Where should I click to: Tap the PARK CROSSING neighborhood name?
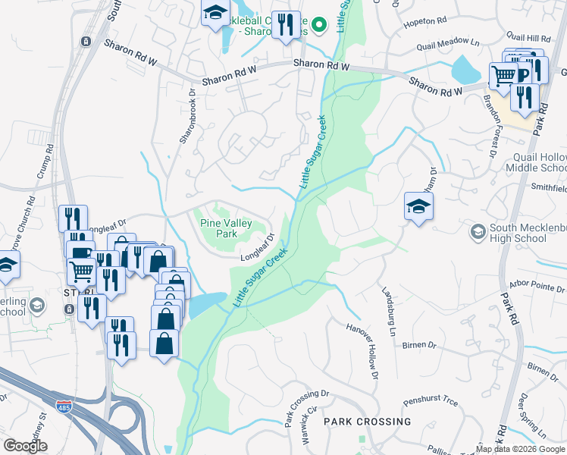pyautogui.click(x=368, y=421)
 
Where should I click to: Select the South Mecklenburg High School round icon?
pyautogui.click(x=478, y=231)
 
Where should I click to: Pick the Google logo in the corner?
pyautogui.click(x=25, y=446)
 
